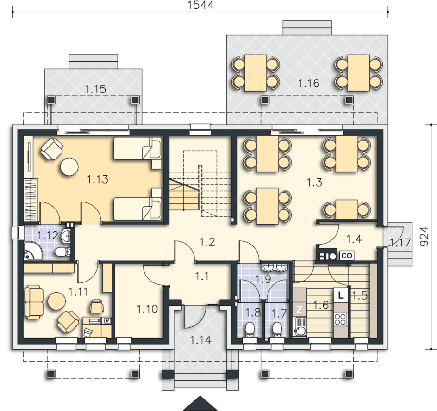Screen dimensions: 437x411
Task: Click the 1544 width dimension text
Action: pos(200,5)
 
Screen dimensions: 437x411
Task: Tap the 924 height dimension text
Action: pos(424,237)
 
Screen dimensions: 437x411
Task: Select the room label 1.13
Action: pos(98,179)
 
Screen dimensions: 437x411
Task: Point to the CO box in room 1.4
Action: pos(346,255)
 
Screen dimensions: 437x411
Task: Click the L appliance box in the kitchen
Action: pos(340,295)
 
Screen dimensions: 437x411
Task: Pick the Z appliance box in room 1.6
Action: pos(300,309)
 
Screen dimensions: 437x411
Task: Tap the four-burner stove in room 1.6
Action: pos(340,319)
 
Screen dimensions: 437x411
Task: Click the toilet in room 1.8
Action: pos(249,329)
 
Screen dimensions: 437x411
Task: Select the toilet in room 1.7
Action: pos(277,329)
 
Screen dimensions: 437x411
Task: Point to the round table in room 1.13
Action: pos(69,167)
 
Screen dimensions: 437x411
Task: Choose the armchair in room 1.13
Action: pos(51,149)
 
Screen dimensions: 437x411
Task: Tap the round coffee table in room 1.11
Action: pos(56,301)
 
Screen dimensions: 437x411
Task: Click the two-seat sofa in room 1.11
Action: pos(34,302)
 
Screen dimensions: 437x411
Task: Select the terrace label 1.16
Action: pos(308,83)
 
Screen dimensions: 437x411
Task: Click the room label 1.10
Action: pos(147,309)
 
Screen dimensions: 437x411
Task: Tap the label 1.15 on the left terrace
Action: pos(95,89)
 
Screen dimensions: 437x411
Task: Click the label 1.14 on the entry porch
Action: pos(200,340)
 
